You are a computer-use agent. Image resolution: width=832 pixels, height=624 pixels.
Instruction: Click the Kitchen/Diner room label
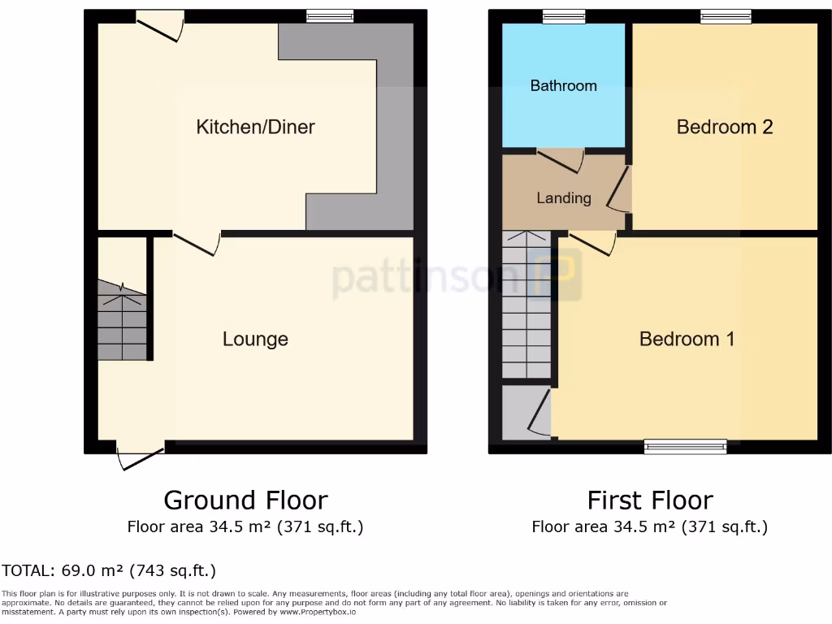coord(255,127)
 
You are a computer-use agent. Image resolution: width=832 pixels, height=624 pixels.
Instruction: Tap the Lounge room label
coord(255,339)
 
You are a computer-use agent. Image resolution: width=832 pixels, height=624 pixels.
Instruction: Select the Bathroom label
coord(563,85)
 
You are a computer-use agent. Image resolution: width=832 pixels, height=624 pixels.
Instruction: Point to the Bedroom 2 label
coord(724,127)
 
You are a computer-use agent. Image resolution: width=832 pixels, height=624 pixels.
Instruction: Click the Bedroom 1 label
coord(687,339)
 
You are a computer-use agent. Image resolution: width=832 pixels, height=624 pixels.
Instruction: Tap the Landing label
coord(563,198)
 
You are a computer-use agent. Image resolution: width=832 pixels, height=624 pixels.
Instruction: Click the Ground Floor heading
coord(245,500)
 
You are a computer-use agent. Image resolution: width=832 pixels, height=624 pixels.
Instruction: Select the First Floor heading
coord(650,500)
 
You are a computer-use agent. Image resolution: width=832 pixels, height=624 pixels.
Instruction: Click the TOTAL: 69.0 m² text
coord(109,570)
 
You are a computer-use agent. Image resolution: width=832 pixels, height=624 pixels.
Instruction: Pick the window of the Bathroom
coord(564,15)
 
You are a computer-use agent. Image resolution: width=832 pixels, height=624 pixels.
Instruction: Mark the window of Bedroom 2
coord(726,15)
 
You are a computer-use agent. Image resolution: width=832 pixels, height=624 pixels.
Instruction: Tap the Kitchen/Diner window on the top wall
coord(330,15)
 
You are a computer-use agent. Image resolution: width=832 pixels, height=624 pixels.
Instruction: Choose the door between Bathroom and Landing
coord(560,159)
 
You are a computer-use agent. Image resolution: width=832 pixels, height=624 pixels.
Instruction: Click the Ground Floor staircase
coord(122,321)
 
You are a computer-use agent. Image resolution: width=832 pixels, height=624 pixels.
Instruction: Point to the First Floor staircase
coord(526,305)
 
